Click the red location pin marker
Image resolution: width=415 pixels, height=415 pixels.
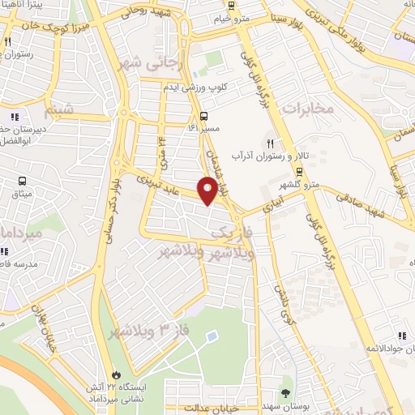[207, 190]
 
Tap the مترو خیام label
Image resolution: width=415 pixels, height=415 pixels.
[250, 17]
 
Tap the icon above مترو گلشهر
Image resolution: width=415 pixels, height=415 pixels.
[299, 171]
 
